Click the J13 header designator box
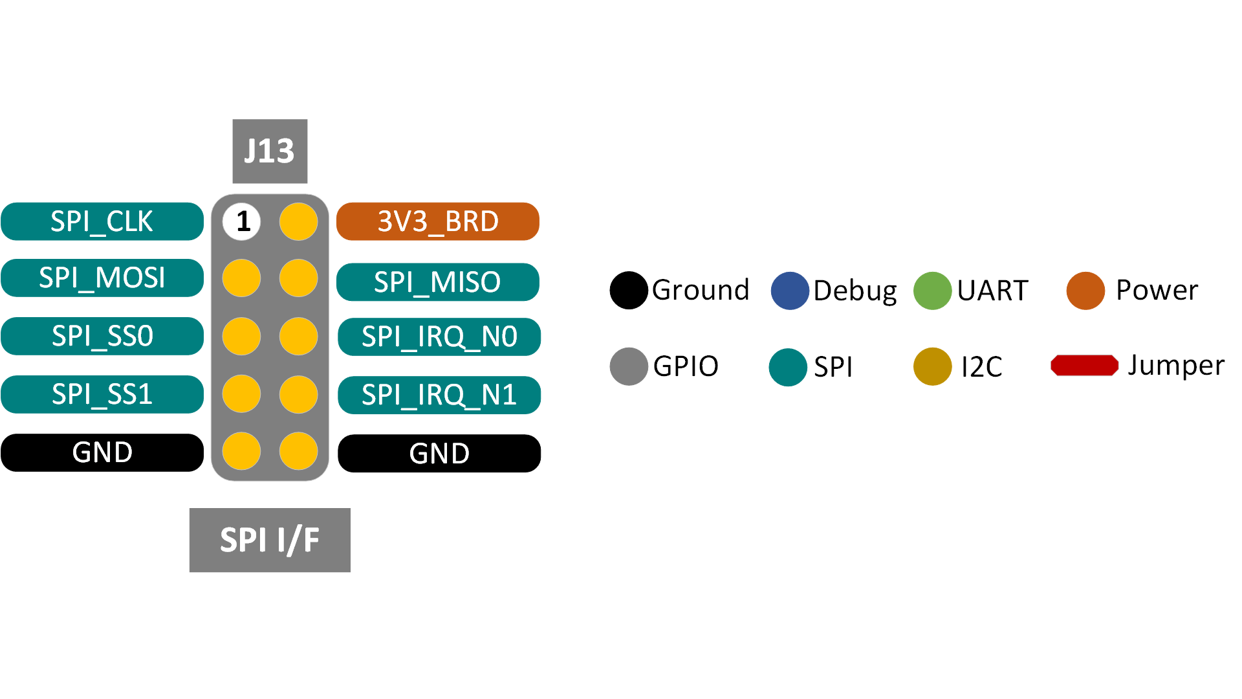(x=270, y=151)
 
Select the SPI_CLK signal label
(x=102, y=221)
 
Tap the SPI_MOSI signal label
(x=102, y=278)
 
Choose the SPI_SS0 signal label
(x=102, y=336)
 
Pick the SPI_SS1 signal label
(x=102, y=394)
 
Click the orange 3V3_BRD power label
(x=438, y=221)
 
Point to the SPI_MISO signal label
(x=438, y=282)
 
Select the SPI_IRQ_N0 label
(x=439, y=337)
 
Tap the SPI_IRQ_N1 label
(x=439, y=395)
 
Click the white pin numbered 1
(x=242, y=221)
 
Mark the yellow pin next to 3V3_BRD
(x=298, y=221)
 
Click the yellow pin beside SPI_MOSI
(x=242, y=278)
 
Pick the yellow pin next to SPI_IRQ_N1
(x=298, y=394)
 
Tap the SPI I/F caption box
(x=270, y=540)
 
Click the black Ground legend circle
(x=629, y=291)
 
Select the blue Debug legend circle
(x=790, y=291)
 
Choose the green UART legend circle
(x=932, y=291)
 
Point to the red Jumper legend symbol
(x=1085, y=366)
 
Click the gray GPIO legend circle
(x=629, y=366)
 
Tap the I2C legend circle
(x=932, y=366)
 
